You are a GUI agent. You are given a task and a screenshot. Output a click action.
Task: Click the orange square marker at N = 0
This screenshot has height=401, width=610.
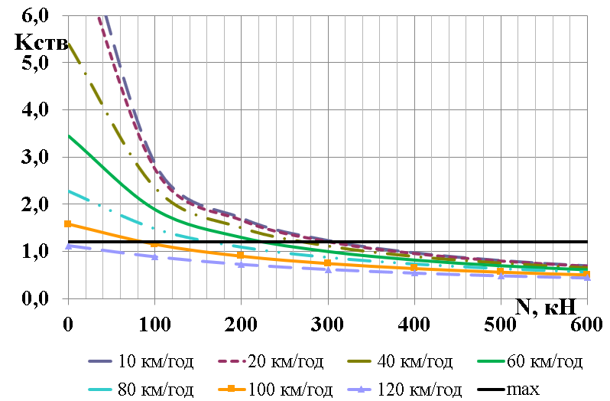click(68, 224)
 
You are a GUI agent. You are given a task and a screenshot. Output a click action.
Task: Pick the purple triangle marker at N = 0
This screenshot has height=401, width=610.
click(68, 246)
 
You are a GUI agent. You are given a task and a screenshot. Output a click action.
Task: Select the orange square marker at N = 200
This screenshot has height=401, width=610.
click(241, 255)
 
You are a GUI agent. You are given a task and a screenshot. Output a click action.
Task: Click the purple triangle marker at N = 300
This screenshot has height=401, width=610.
click(328, 269)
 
